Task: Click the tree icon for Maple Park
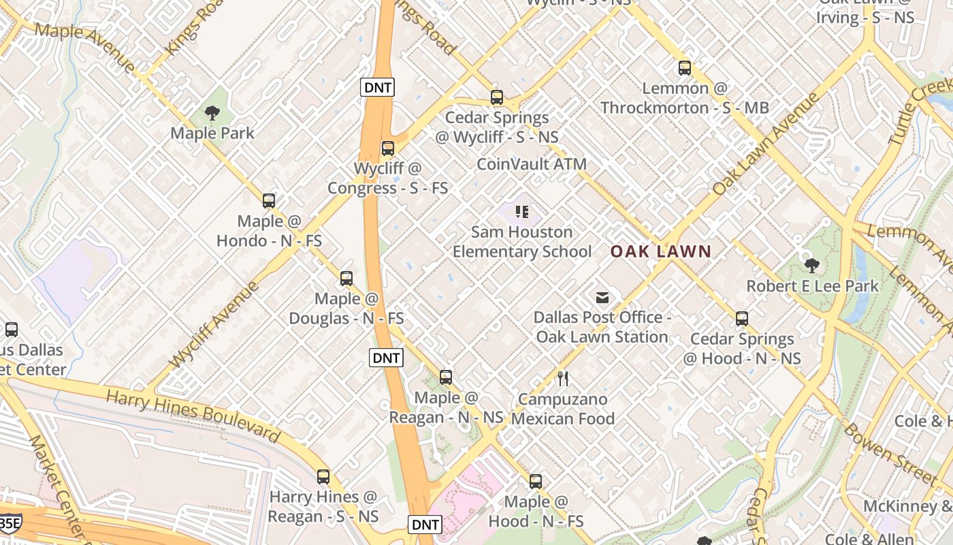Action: [212, 113]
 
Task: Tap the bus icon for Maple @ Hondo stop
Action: [269, 201]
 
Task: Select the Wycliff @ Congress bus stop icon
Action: [388, 148]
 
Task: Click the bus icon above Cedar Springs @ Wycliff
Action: [497, 97]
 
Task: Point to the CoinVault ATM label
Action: [531, 164]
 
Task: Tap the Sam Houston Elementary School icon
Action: [522, 212]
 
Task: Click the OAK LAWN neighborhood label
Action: [660, 251]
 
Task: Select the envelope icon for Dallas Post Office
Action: [602, 298]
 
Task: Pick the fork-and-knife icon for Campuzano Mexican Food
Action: [563, 379]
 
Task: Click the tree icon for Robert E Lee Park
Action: [811, 266]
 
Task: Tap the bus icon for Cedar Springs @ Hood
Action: [742, 319]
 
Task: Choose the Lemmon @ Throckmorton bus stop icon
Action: [685, 68]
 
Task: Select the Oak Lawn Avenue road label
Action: [766, 144]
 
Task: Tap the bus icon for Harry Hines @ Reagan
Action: [323, 477]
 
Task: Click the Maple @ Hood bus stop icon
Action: [536, 482]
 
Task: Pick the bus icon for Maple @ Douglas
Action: [346, 279]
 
